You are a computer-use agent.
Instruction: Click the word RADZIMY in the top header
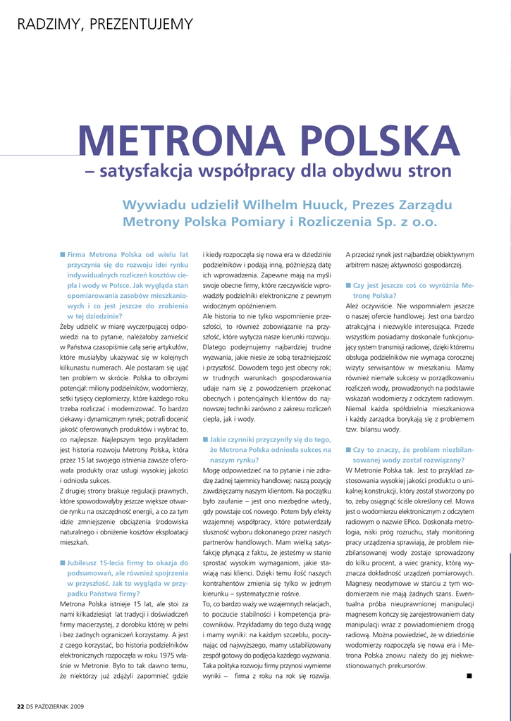pos(47,25)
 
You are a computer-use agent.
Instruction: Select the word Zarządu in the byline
pos(424,205)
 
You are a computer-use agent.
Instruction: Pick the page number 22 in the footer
pos(20,706)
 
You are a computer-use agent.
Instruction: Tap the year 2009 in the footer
pos(78,706)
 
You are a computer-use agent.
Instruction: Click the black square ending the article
pos(469,676)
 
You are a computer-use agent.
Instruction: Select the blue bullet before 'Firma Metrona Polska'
pos(63,254)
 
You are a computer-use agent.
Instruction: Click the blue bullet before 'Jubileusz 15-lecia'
pos(63,563)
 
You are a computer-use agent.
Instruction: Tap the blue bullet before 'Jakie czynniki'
pos(205,439)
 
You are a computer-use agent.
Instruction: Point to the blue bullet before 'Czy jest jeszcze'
pos(348,285)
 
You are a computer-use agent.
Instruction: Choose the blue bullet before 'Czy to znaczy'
pos(348,449)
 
